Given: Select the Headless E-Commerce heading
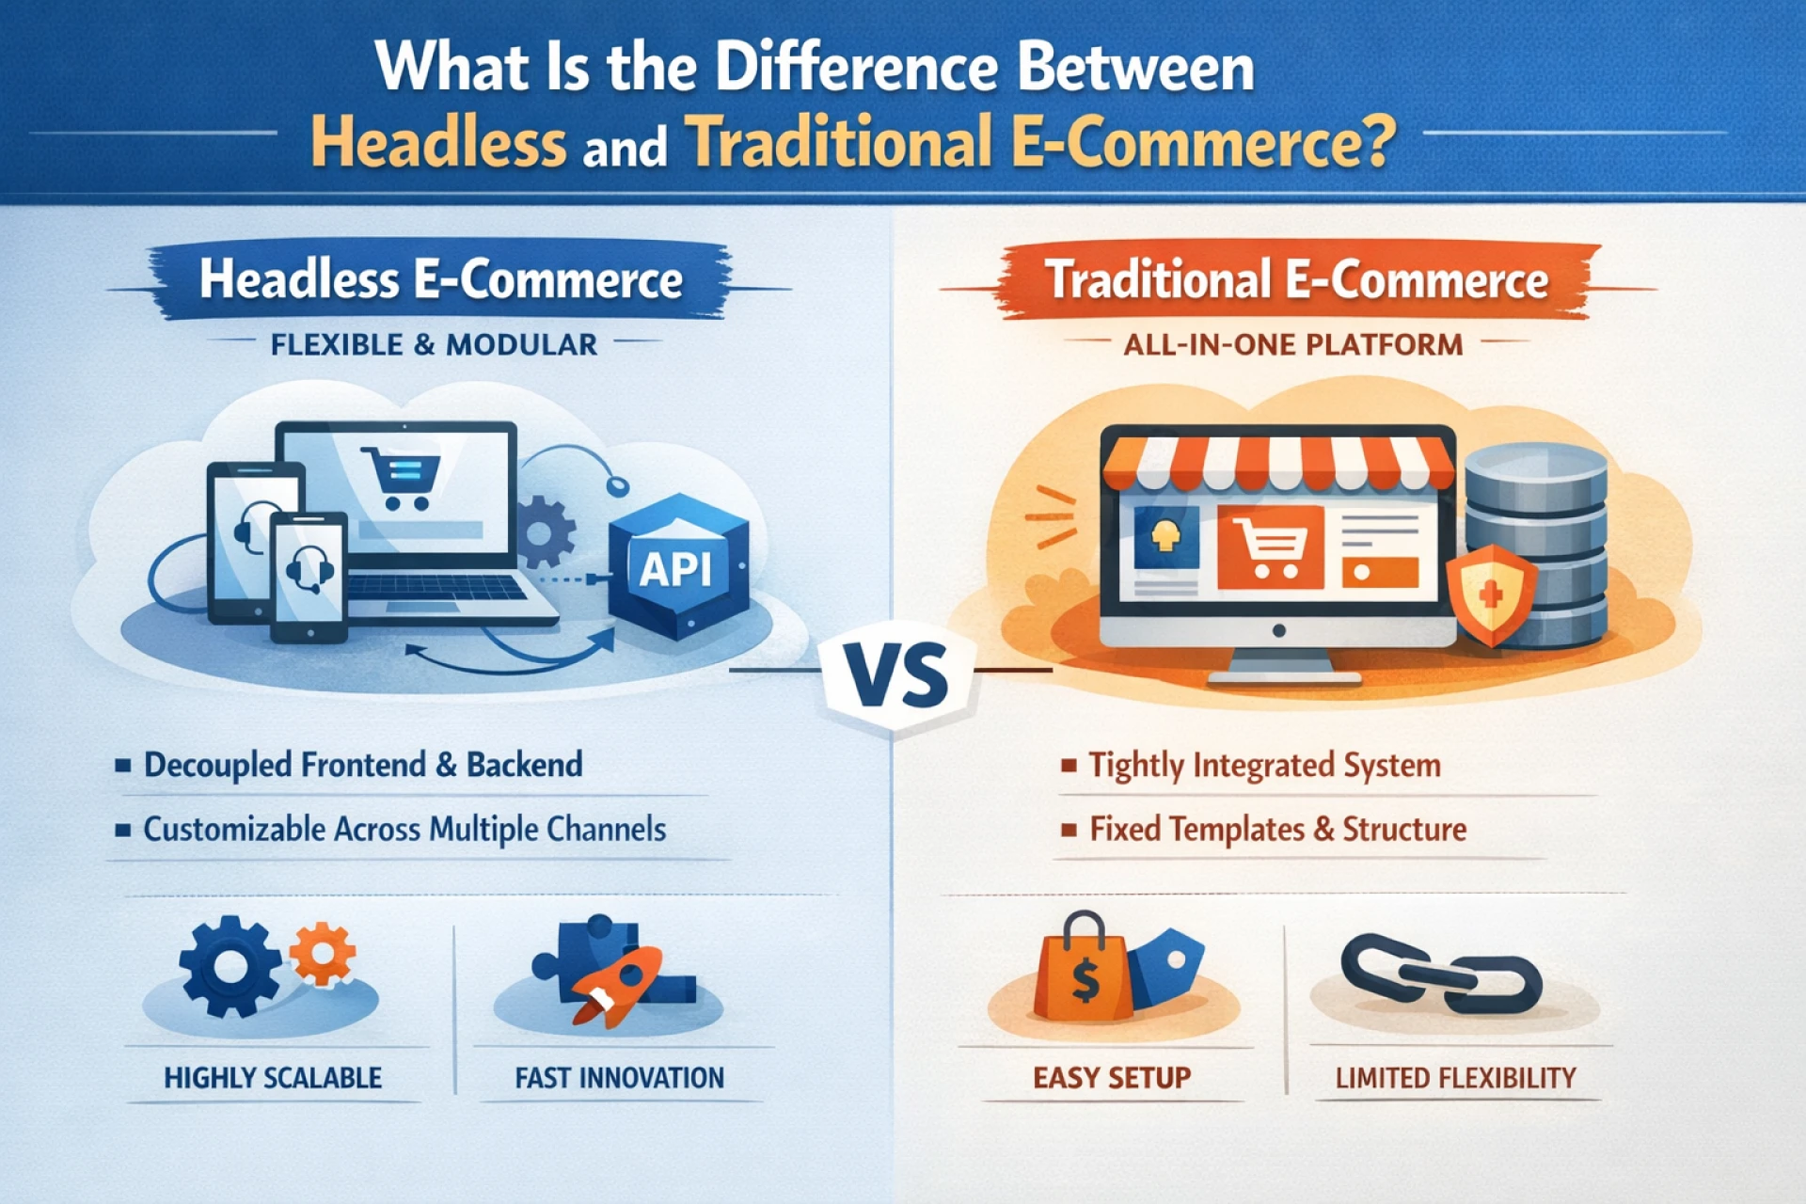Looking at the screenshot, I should point(440,280).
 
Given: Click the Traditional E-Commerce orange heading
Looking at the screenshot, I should point(1297,280).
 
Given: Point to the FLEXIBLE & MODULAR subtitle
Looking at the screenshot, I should point(434,345).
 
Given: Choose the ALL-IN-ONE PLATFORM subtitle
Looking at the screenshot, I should point(1293,345).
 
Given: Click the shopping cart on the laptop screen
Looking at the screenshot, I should point(402,478).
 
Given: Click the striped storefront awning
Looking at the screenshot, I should point(1276,463).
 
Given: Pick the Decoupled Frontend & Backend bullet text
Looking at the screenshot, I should point(363,765).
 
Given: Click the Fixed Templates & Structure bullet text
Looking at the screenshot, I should point(1277,830).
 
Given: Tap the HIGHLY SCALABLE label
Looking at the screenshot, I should point(273,1078).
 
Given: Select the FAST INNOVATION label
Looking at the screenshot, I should point(619,1078).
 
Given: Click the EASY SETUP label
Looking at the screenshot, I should point(1112,1078).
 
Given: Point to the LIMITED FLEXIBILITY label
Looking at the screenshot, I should point(1455,1078).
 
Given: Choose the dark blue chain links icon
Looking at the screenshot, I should point(1440,975).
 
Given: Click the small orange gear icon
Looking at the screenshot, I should point(323,953).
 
